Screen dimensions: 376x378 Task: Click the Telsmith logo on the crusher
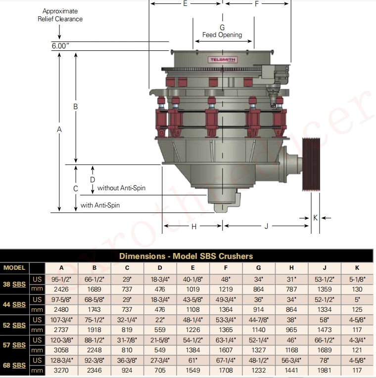click(x=223, y=60)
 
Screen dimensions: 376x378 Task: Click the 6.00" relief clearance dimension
click(x=60, y=46)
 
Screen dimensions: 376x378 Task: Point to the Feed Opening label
click(x=222, y=35)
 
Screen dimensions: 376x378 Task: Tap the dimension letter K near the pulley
click(x=315, y=218)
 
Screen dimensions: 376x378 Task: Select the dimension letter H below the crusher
click(x=194, y=226)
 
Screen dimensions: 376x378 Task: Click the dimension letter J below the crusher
click(x=266, y=226)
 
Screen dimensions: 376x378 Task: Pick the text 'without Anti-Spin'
click(x=121, y=188)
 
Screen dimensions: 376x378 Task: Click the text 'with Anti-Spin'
click(x=100, y=205)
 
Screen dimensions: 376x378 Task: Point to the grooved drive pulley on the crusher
click(x=311, y=165)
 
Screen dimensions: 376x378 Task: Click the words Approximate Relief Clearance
click(x=60, y=15)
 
